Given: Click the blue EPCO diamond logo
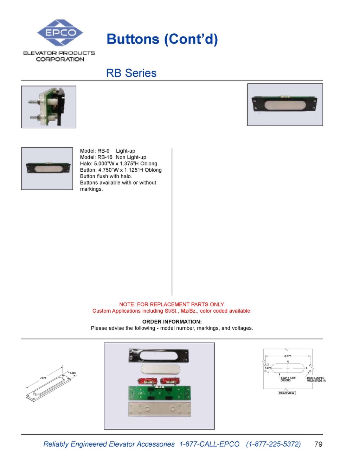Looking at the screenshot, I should (x=60, y=33).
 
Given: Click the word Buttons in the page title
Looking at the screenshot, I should (x=133, y=39).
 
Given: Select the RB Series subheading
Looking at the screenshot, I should (x=131, y=73).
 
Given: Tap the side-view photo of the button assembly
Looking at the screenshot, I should (x=49, y=107).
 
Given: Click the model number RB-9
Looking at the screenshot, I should (x=103, y=151).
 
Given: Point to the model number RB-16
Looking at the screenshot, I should (x=105, y=157).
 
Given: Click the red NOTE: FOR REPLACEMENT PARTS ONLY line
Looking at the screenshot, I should (x=172, y=304).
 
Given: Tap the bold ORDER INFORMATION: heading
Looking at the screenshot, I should (x=172, y=321).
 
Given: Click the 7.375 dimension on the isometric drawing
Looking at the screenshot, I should (x=43, y=378).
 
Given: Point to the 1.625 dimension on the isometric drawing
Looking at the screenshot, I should (x=72, y=373).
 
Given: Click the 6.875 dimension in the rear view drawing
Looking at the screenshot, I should (x=288, y=356).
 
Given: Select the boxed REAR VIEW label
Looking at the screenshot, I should (x=287, y=393).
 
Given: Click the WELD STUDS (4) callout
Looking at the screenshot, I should (x=316, y=381).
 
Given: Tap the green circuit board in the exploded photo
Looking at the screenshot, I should (x=160, y=393).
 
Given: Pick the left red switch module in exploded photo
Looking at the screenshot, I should (x=147, y=381).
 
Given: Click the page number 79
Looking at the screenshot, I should (x=318, y=444).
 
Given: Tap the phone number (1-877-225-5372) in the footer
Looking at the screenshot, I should (x=273, y=444).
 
